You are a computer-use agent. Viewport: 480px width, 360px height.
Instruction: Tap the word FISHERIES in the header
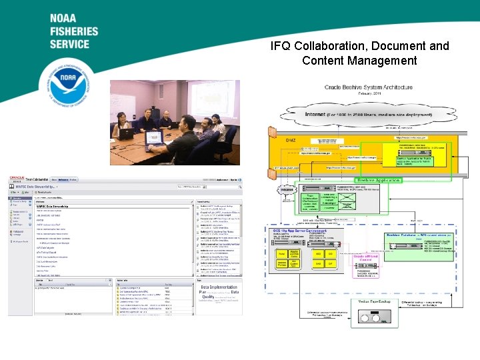[x=73, y=31]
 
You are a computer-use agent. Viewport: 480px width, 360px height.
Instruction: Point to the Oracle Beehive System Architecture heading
[x=369, y=88]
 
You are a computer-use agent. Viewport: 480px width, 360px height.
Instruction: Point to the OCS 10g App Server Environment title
[x=299, y=231]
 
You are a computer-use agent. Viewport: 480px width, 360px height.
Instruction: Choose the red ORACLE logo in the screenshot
[x=17, y=179]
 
